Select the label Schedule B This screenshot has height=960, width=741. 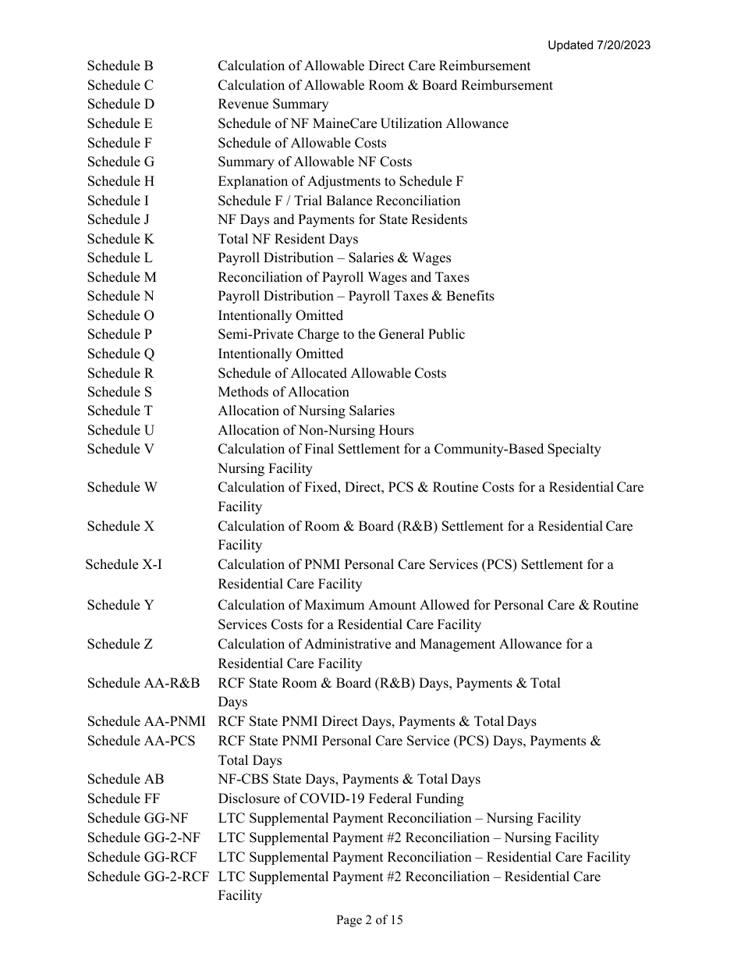pyautogui.click(x=120, y=66)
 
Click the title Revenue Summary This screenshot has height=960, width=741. pyautogui.click(x=273, y=105)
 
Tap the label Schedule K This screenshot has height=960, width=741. pyautogui.click(x=120, y=239)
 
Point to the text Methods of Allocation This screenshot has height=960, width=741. pyautogui.click(x=283, y=392)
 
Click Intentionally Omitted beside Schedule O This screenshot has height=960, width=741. pyautogui.click(x=280, y=315)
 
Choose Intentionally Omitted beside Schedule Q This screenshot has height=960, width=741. pyautogui.click(x=280, y=354)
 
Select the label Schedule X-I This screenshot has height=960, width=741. pyautogui.click(x=124, y=564)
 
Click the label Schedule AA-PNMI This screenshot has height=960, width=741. pyautogui.click(x=146, y=721)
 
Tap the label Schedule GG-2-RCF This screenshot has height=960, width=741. pyautogui.click(x=148, y=876)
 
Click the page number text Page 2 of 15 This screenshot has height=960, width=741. pyautogui.click(x=370, y=920)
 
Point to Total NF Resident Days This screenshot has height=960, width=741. pyautogui.click(x=288, y=239)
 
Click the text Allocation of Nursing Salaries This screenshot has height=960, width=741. pyautogui.click(x=306, y=411)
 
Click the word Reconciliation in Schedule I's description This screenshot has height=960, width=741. pyautogui.click(x=417, y=201)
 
